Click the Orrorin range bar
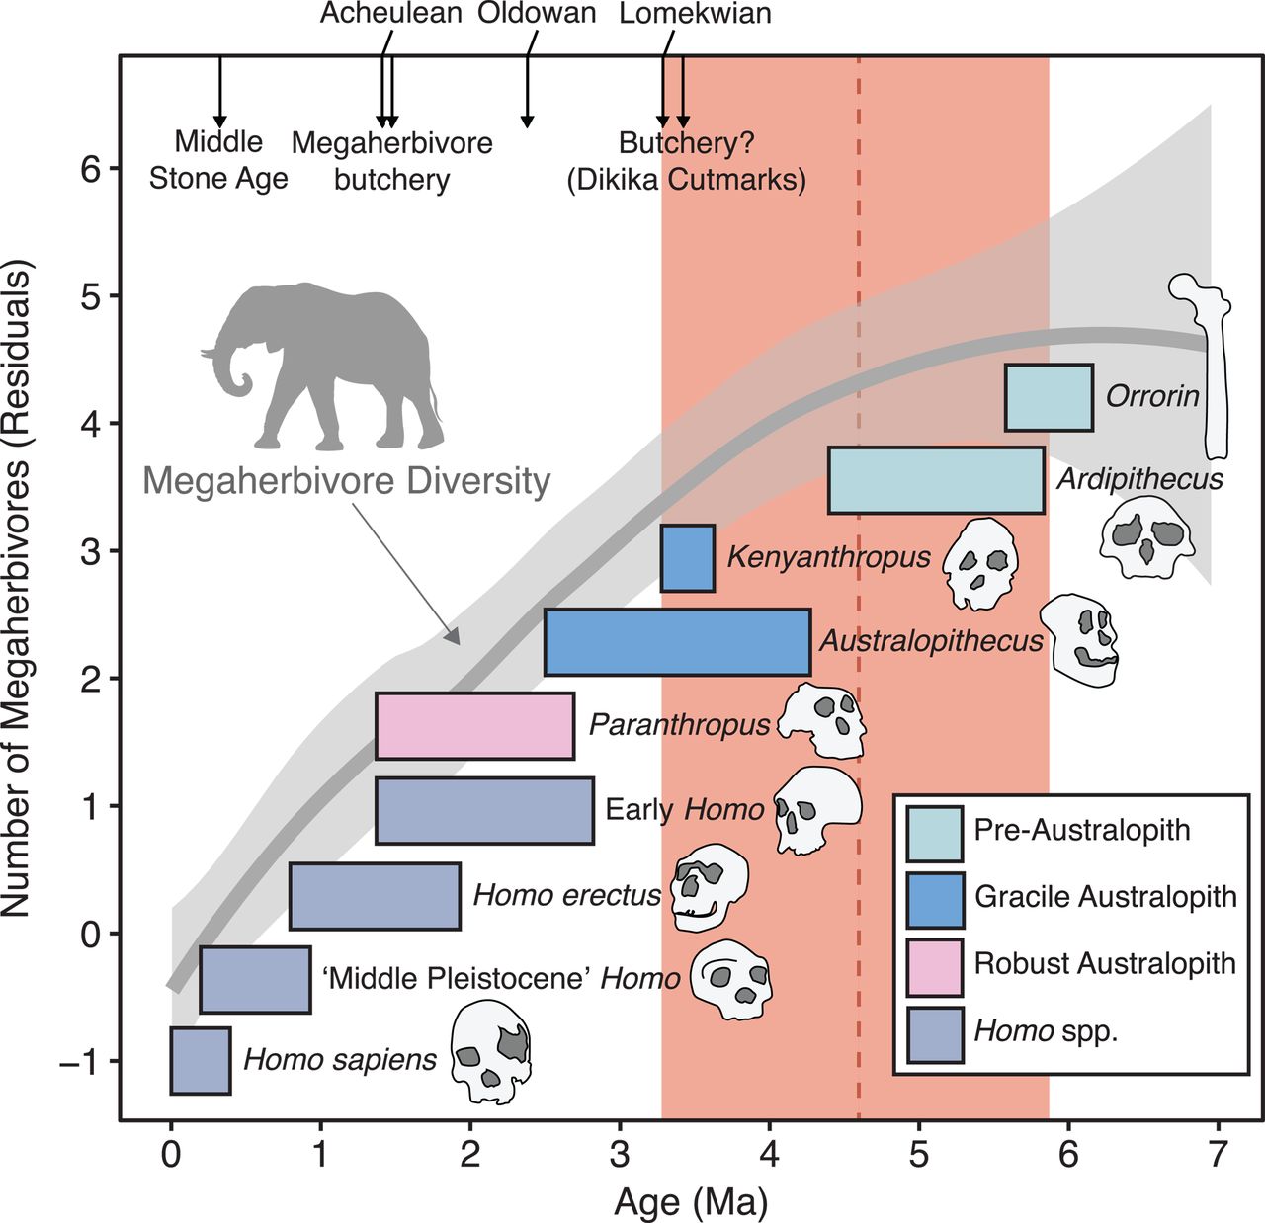(1049, 397)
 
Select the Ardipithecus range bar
(936, 480)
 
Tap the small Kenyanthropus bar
(688, 558)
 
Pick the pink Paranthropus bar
(474, 726)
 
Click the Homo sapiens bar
(201, 1060)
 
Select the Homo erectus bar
(375, 896)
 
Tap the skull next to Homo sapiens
(491, 1051)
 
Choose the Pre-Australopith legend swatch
(935, 833)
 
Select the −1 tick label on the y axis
(81, 1062)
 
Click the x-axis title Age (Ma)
(691, 1201)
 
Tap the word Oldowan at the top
(537, 14)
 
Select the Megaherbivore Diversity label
(346, 481)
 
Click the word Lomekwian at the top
(695, 14)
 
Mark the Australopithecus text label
(931, 641)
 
